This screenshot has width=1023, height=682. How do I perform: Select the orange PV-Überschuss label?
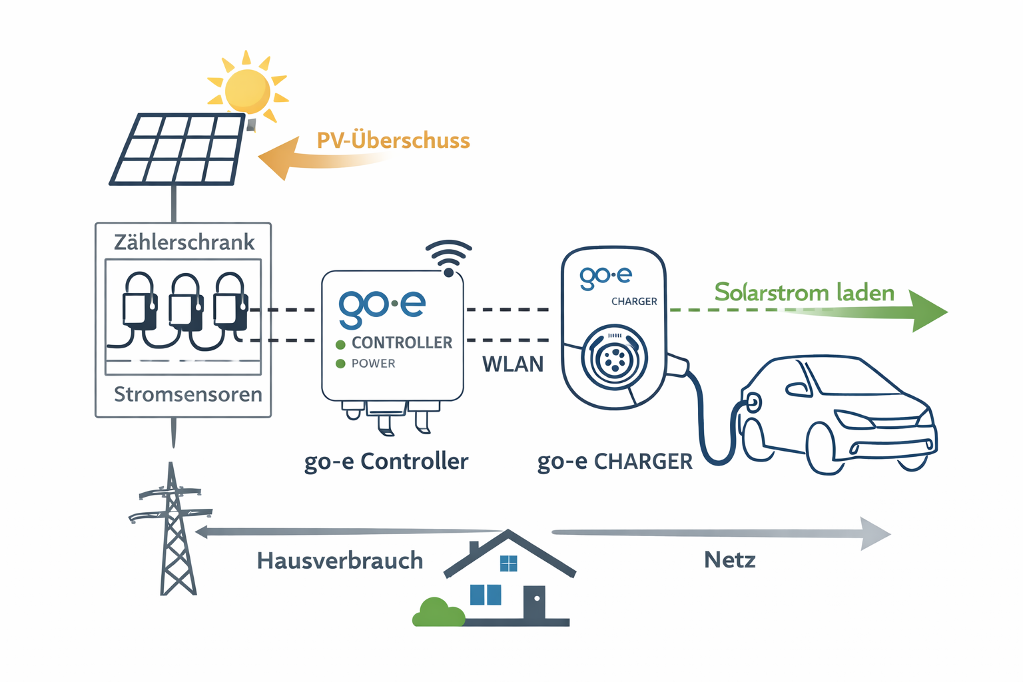(393, 141)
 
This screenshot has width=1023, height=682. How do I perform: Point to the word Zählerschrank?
(184, 242)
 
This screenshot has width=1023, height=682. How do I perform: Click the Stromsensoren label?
(188, 394)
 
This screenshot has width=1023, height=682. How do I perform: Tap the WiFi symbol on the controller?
(448, 258)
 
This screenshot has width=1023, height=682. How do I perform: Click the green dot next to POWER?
(340, 364)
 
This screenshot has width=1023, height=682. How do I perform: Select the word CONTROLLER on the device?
(402, 342)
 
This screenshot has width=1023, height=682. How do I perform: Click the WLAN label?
(513, 364)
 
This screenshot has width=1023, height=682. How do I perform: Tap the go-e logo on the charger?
(605, 276)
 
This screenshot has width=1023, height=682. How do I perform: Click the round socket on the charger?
(614, 358)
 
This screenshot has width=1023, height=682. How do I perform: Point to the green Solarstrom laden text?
(804, 292)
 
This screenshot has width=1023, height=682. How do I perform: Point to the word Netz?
(730, 559)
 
